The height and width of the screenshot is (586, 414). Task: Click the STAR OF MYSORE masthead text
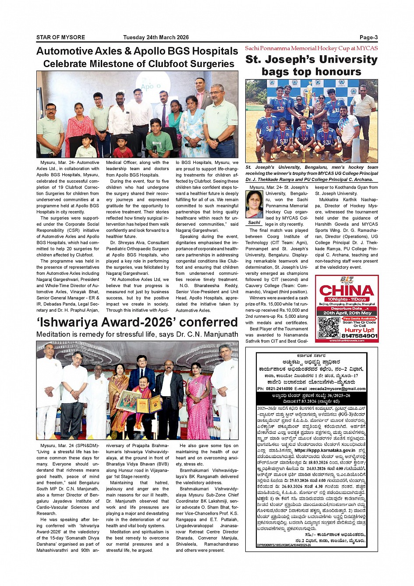tap(60, 38)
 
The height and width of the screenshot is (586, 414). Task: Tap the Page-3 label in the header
tap(368, 38)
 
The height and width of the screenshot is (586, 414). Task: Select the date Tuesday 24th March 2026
tap(156, 38)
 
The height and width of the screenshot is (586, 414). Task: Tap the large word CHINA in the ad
tap(347, 291)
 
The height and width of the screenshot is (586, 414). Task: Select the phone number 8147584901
tap(359, 336)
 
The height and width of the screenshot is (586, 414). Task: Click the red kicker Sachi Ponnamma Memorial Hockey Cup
tap(311, 48)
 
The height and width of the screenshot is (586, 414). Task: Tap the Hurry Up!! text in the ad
tap(359, 330)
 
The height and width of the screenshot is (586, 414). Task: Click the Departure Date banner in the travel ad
tap(347, 309)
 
